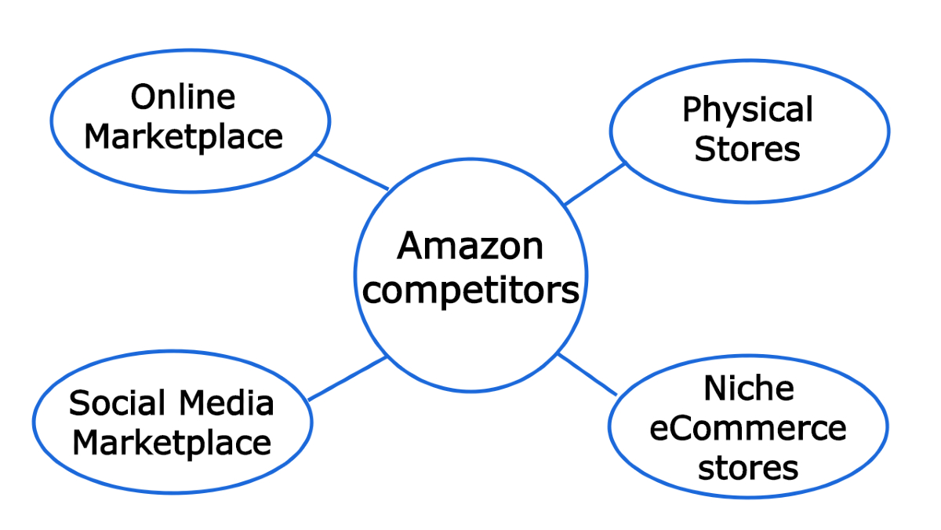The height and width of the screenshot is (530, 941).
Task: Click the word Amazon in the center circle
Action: [x=470, y=247]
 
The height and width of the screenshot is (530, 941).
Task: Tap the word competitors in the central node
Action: [x=472, y=291]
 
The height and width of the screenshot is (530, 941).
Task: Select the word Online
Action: [x=183, y=97]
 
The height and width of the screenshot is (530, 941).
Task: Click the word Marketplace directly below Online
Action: [x=183, y=136]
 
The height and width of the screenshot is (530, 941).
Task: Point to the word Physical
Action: [x=747, y=111]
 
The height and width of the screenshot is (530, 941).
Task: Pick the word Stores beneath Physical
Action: [x=747, y=148]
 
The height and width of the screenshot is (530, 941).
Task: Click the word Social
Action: [x=118, y=404]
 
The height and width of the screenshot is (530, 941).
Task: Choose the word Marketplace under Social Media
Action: [x=172, y=443]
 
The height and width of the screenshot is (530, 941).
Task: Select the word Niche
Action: [x=738, y=389]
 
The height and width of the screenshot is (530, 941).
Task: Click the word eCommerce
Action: [x=748, y=429]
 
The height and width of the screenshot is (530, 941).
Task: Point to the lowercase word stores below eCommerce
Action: [x=748, y=469]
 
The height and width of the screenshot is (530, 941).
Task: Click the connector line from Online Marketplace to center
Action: [x=351, y=171]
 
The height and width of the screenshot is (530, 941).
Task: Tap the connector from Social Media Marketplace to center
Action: [x=348, y=378]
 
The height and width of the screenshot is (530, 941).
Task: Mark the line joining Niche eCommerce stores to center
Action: [x=587, y=374]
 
